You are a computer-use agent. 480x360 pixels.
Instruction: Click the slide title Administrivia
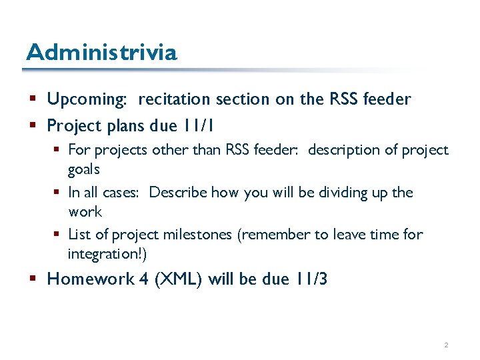click(x=101, y=52)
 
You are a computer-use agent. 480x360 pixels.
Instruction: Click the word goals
click(x=84, y=169)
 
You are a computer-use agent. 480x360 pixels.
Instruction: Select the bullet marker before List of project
click(x=59, y=235)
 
